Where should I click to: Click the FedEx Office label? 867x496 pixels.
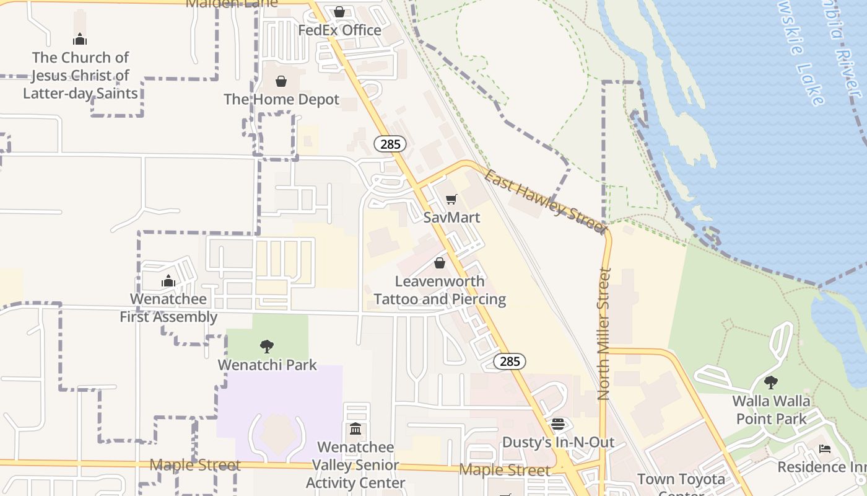tap(339, 30)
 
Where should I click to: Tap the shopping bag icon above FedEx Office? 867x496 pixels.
tap(339, 12)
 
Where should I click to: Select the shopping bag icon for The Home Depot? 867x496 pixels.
tap(281, 81)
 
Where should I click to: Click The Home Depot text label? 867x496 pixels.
tap(282, 99)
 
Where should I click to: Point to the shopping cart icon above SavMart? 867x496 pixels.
tap(451, 200)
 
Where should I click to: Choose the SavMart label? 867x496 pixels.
tap(452, 218)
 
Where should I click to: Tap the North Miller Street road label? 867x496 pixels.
tap(605, 333)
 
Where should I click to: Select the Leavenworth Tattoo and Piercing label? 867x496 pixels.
tap(440, 290)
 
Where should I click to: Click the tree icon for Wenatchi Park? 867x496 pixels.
tap(267, 347)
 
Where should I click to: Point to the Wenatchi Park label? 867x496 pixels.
tap(268, 365)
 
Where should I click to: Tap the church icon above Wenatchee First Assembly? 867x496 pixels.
tap(168, 281)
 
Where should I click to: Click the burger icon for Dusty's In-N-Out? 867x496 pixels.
tap(558, 424)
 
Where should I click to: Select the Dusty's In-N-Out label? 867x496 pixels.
tap(558, 442)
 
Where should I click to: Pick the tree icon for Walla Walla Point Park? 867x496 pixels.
tap(771, 383)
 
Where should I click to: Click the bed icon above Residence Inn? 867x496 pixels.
tap(824, 449)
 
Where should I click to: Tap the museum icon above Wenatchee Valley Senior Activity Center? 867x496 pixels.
tap(355, 429)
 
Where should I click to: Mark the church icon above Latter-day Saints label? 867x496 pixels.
tap(80, 40)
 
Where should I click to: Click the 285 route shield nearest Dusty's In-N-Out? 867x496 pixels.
tap(510, 361)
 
